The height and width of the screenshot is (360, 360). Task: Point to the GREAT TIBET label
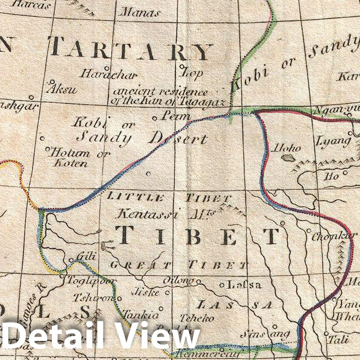coord(178,265)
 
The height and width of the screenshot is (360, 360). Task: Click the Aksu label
coord(63,90)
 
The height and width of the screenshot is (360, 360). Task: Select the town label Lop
coord(192,73)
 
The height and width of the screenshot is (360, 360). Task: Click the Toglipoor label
coord(92,281)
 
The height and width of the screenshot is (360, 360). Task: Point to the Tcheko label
coord(197,317)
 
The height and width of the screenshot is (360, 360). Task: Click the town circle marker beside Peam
coord(155,118)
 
